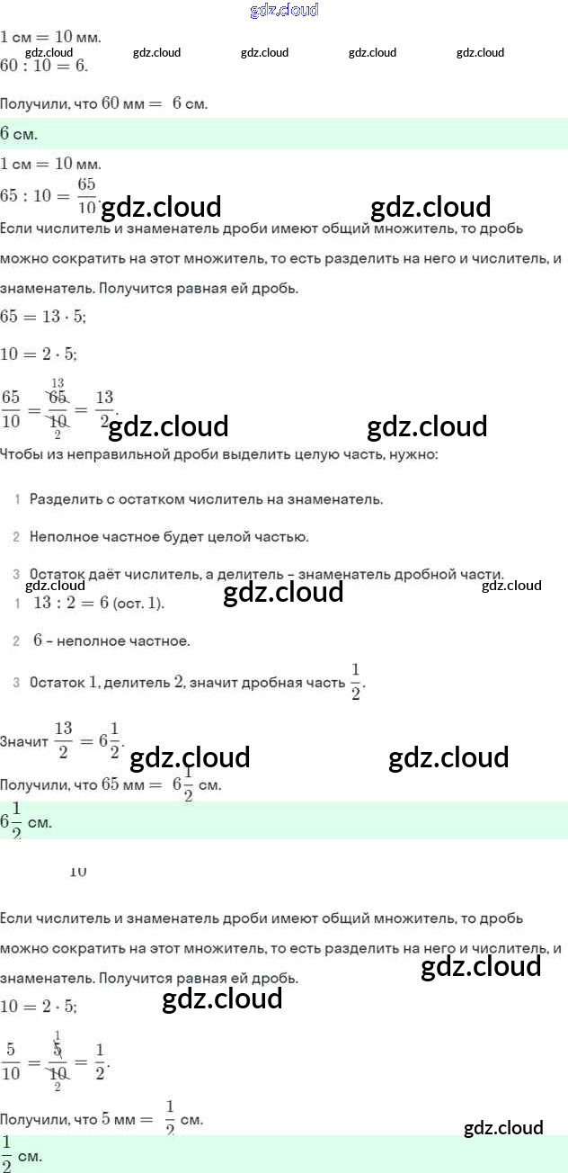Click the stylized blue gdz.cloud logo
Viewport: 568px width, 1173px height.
[x=283, y=11]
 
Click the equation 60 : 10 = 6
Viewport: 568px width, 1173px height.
[x=45, y=67]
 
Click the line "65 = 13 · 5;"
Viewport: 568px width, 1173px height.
[x=43, y=317]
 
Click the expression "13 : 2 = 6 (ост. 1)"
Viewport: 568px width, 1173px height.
[x=99, y=604]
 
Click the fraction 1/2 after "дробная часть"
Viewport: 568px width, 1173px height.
[x=355, y=681]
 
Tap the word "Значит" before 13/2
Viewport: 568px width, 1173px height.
[x=24, y=742]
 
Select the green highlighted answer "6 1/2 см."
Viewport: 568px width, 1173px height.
[x=26, y=821]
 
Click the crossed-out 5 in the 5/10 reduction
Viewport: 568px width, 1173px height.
[x=58, y=1049]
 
